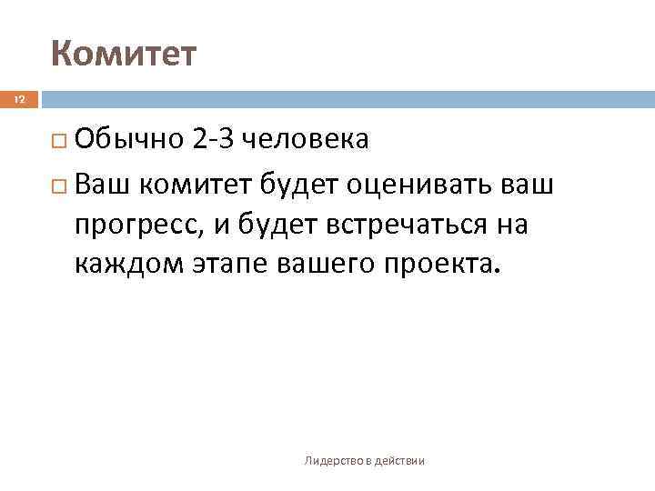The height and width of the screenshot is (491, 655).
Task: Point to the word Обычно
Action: click(130, 140)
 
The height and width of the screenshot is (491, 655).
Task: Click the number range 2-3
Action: click(215, 140)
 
